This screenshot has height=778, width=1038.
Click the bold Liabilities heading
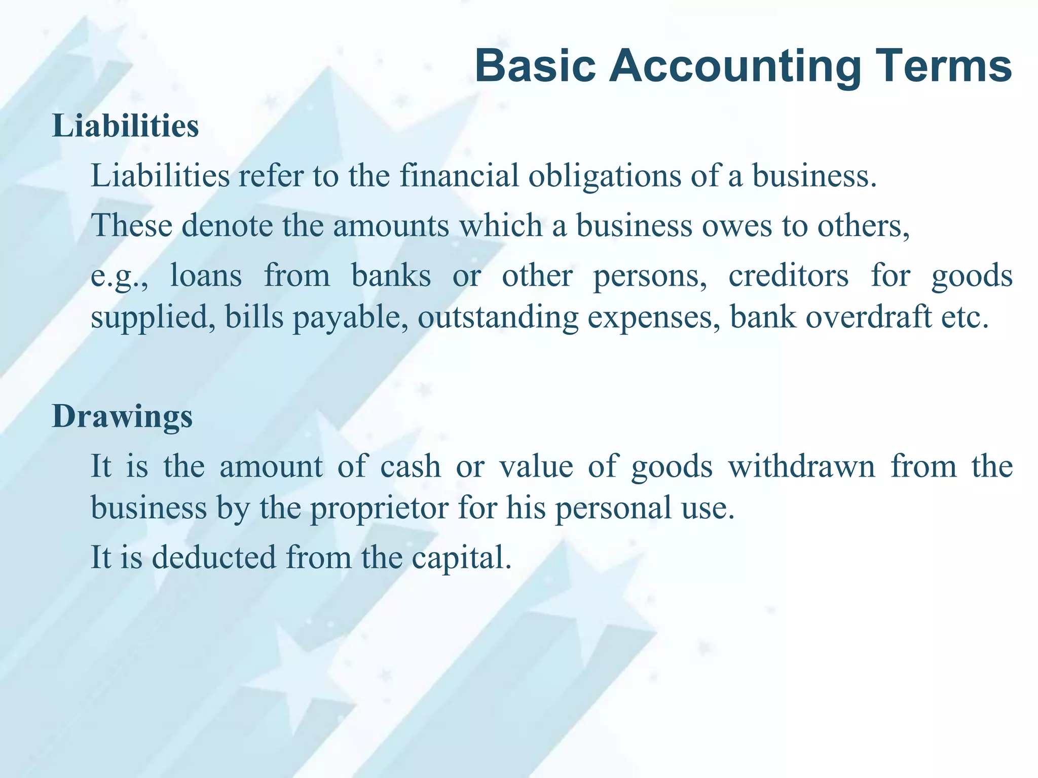(x=125, y=126)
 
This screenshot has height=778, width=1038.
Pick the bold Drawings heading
(x=122, y=417)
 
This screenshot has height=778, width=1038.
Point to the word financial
(x=459, y=176)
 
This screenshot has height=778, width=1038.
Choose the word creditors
(x=788, y=276)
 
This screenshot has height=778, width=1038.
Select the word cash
(x=411, y=466)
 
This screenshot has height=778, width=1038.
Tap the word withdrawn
(x=801, y=466)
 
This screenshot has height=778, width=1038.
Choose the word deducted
(x=214, y=557)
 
